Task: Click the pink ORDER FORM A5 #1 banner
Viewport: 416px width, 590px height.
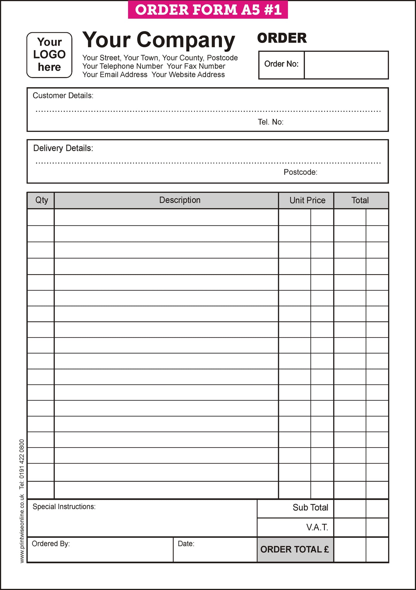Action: (x=208, y=10)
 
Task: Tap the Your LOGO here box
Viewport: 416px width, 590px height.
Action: (x=49, y=55)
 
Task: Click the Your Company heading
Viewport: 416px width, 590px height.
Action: (x=159, y=40)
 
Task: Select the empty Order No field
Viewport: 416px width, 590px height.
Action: (x=346, y=65)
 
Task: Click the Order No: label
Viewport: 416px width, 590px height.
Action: (x=281, y=64)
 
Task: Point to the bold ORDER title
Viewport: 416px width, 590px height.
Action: (x=282, y=38)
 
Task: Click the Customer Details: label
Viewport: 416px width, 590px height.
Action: (x=63, y=96)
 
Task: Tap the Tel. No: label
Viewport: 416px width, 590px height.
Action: (x=270, y=122)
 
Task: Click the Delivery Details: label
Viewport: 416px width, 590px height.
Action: (x=63, y=148)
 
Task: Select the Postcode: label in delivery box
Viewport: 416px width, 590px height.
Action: (x=300, y=172)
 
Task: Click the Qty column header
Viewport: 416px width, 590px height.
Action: (x=41, y=200)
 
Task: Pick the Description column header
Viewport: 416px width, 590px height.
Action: (x=180, y=200)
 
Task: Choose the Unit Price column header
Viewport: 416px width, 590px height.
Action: (x=307, y=200)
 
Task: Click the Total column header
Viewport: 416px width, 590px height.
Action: (x=360, y=200)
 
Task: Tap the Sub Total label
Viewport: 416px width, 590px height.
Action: (x=310, y=507)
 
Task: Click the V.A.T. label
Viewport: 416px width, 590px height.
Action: (x=317, y=527)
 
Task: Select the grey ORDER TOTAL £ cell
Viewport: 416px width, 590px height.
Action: (x=295, y=549)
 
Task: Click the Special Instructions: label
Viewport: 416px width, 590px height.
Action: (x=64, y=506)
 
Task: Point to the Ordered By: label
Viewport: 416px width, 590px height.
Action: (x=51, y=544)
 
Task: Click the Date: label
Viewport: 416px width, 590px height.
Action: (x=186, y=544)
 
